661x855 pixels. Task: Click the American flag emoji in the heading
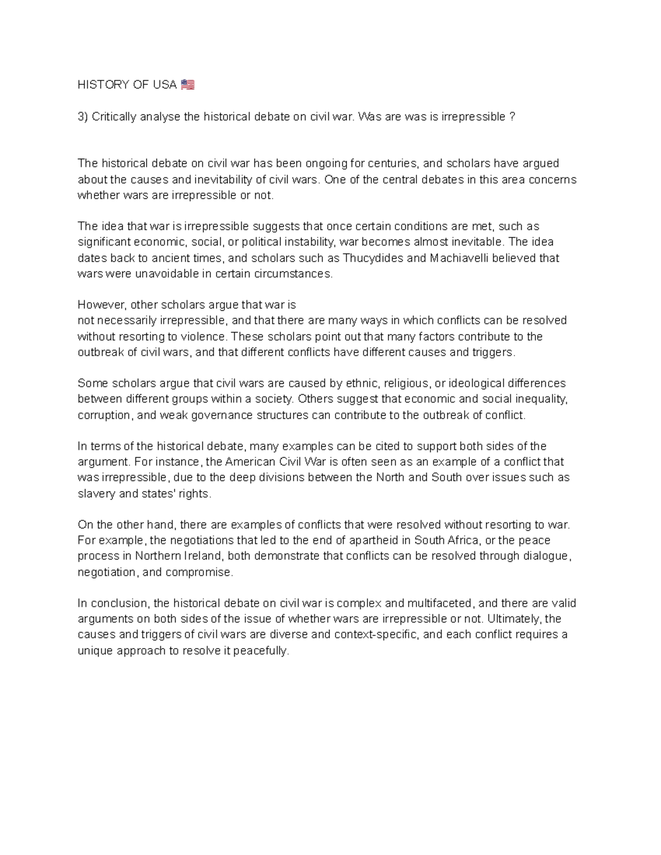(x=187, y=85)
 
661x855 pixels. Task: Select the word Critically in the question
(x=114, y=117)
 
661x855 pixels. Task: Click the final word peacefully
(x=261, y=651)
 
